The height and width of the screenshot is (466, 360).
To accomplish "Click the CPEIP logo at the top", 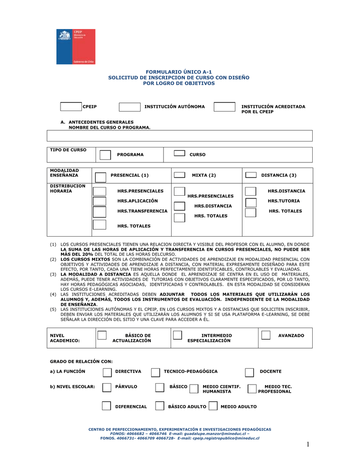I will click(76, 46).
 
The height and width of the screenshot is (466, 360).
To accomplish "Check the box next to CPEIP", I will click(71, 107).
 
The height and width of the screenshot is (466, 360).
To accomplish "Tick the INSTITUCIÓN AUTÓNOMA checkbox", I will click(130, 107).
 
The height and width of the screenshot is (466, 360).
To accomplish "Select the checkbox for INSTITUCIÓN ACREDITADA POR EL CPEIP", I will click(224, 107).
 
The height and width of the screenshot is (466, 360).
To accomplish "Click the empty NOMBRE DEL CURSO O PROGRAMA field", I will click(180, 136).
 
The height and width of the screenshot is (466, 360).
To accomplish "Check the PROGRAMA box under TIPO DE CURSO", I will click(105, 155).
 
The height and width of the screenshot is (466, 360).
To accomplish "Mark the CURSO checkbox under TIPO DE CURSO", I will click(179, 154).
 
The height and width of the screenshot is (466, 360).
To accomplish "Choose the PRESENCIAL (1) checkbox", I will click(99, 176).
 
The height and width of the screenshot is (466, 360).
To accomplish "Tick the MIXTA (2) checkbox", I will click(179, 175).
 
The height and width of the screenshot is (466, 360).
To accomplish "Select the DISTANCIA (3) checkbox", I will click(250, 175).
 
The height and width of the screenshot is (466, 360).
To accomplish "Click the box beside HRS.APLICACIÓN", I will click(99, 202).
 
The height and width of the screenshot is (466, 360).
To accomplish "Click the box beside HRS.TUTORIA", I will click(251, 202).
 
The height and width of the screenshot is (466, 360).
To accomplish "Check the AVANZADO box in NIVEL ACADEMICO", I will click(266, 335).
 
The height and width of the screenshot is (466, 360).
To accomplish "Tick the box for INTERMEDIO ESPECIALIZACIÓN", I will click(177, 335).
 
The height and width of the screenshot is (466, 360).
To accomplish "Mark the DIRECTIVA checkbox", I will click(106, 373).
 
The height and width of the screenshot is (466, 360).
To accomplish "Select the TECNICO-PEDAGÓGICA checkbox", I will click(155, 373).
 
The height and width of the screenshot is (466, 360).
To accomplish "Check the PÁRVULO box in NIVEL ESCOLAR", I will click(106, 387).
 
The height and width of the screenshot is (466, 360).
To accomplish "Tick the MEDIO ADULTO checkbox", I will click(213, 406).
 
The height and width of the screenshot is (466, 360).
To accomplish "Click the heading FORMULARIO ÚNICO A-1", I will click(178, 72).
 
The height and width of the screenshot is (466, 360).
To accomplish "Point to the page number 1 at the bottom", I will click(308, 445).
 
